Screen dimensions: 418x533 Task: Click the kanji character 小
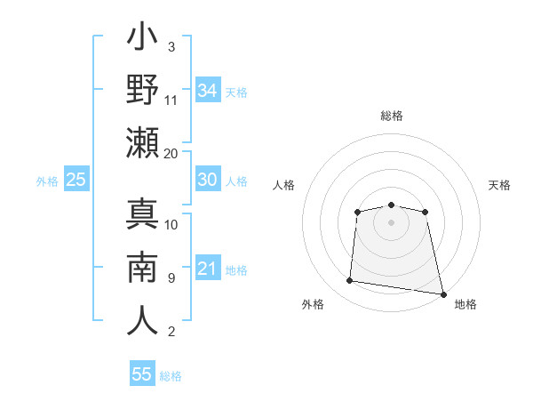pyautogui.click(x=143, y=41)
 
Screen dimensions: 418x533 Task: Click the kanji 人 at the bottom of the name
pyautogui.click(x=143, y=319)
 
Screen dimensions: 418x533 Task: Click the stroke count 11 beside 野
pyautogui.click(x=171, y=100)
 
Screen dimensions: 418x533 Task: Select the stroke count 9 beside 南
pyautogui.click(x=171, y=277)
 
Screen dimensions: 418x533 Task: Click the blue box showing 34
pyautogui.click(x=207, y=90)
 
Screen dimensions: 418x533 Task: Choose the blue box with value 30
pyautogui.click(x=207, y=180)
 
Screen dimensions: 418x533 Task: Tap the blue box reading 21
pyautogui.click(x=207, y=269)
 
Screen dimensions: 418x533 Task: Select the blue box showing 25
pyautogui.click(x=76, y=180)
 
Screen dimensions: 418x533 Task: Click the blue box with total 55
pyautogui.click(x=142, y=374)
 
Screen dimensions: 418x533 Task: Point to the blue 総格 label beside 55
pyautogui.click(x=171, y=376)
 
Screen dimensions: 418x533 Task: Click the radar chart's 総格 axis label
pyautogui.click(x=391, y=116)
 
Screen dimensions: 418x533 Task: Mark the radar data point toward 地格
pyautogui.click(x=442, y=293)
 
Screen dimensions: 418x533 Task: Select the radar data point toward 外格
pyautogui.click(x=350, y=281)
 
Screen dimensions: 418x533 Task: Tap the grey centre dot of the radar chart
pyautogui.click(x=391, y=221)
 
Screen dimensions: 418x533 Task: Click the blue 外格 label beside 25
pyautogui.click(x=47, y=181)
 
